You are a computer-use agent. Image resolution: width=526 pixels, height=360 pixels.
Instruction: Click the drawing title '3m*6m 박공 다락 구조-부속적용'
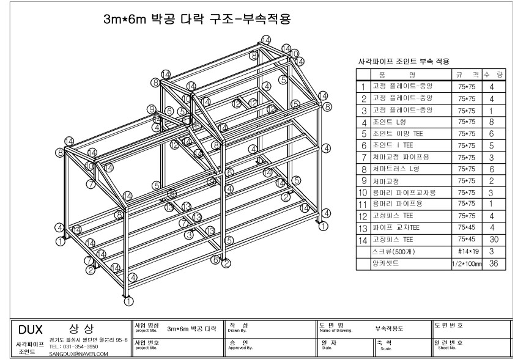coord(196,20)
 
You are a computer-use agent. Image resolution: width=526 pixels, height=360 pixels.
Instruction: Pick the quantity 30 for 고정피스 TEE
coord(493,240)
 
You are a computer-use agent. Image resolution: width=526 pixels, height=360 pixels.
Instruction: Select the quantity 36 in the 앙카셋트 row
coord(493,263)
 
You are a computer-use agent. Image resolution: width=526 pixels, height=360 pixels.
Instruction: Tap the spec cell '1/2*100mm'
coord(467,263)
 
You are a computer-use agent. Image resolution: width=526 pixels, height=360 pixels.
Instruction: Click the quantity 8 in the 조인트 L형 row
coord(493,122)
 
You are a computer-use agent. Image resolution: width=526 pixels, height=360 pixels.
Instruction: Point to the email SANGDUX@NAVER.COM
coord(78,354)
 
